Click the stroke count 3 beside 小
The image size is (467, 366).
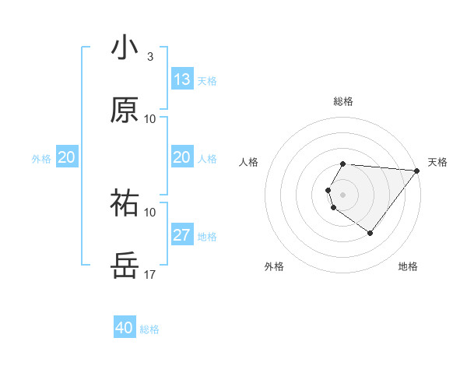point(149,57)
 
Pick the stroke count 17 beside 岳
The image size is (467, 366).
point(149,274)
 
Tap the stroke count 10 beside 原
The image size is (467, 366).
point(149,119)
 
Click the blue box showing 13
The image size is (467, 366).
point(182,79)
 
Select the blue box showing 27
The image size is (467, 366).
point(182,235)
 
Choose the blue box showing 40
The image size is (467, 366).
point(125,328)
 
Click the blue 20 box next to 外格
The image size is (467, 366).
point(67,158)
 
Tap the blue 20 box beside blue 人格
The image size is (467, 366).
point(182,158)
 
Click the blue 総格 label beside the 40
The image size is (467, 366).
point(149,329)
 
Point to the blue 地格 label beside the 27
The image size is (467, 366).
point(207,237)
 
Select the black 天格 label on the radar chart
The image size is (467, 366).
point(437,162)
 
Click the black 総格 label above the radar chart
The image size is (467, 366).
point(343,101)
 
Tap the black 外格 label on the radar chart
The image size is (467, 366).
point(274,266)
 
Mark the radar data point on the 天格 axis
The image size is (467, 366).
point(418,171)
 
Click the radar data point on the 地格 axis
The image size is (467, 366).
point(370,233)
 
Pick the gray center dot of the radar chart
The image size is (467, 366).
point(343,194)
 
